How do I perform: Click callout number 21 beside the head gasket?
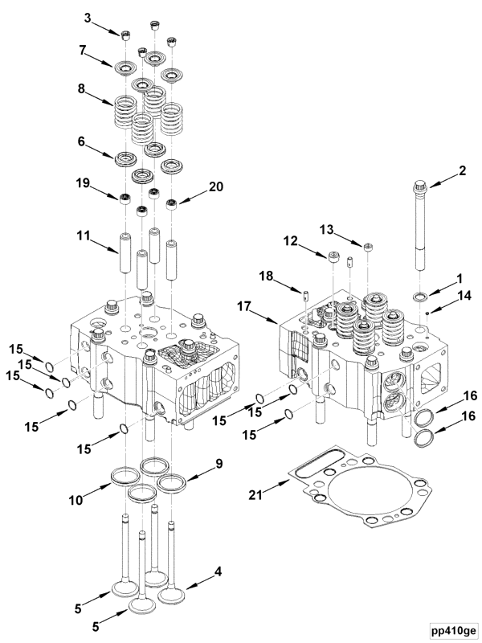(x=255, y=495)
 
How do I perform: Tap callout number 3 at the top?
(x=88, y=18)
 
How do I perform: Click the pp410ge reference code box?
(x=454, y=630)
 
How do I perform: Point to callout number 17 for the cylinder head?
(x=243, y=306)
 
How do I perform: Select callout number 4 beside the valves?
(x=219, y=571)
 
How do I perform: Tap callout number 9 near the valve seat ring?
(x=219, y=464)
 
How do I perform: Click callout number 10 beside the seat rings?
(x=76, y=500)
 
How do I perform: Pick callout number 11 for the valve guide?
(x=83, y=236)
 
